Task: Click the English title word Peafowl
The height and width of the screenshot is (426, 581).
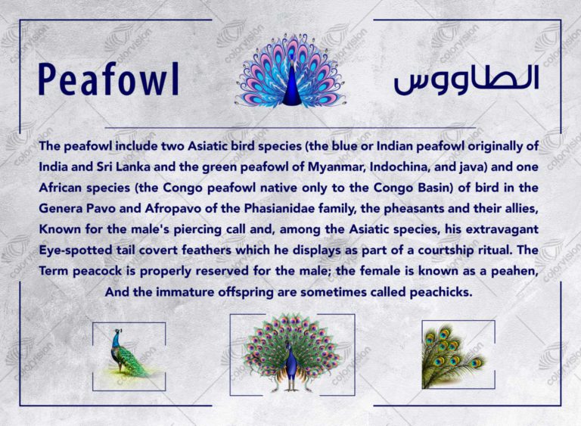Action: [109, 79]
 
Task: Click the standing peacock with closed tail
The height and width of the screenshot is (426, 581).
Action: [128, 353]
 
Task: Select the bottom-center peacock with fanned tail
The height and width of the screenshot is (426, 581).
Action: [291, 353]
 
